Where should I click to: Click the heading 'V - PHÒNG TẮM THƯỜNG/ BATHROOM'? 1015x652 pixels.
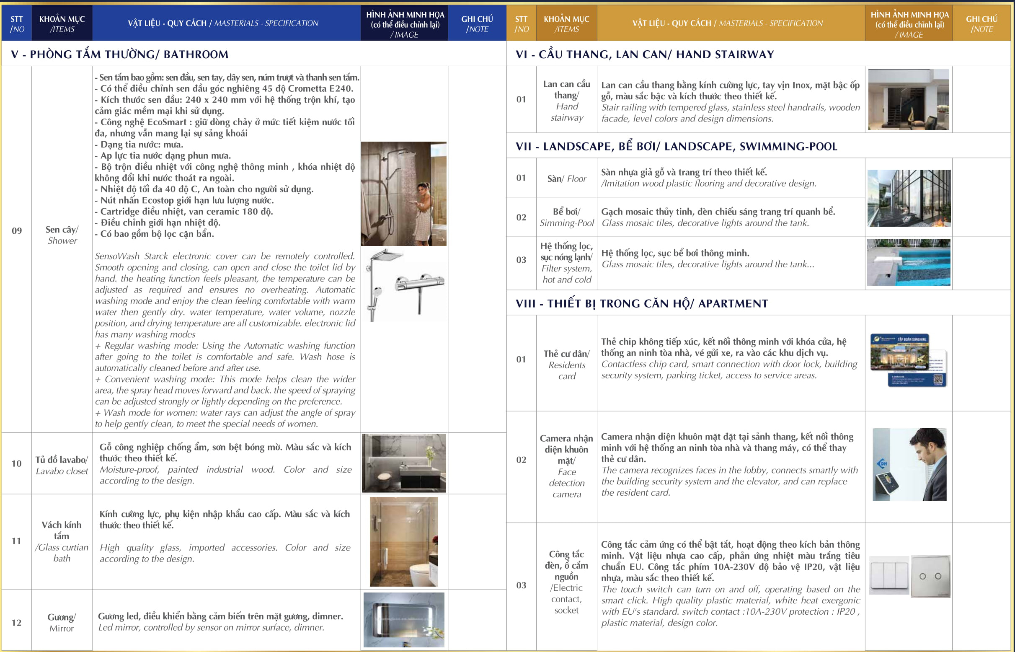[x=119, y=54]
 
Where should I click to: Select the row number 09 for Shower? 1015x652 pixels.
[x=16, y=231]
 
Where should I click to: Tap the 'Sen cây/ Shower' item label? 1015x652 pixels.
[x=62, y=235]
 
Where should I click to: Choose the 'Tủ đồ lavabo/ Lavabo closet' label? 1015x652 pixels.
[x=62, y=465]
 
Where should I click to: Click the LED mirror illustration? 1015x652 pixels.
[x=404, y=620]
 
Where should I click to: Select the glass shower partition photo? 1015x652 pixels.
[x=404, y=541]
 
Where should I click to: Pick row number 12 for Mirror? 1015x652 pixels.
[x=16, y=622]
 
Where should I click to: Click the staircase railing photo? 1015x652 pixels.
[x=908, y=99]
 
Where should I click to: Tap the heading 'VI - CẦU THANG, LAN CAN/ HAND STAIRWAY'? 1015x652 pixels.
[x=644, y=54]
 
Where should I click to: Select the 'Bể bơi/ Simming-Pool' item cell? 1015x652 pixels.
[x=567, y=217]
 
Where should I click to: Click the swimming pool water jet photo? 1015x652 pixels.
[x=908, y=262]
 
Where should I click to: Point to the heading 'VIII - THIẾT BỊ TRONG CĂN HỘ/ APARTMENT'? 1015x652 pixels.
[x=641, y=303]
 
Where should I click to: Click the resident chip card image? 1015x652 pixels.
[x=908, y=360]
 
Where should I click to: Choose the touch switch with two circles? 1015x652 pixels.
[x=930, y=577]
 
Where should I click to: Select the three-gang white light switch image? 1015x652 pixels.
[x=889, y=575]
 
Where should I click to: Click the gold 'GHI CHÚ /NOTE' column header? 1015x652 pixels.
[x=981, y=24]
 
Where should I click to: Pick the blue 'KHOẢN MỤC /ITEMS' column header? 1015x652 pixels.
[x=62, y=24]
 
